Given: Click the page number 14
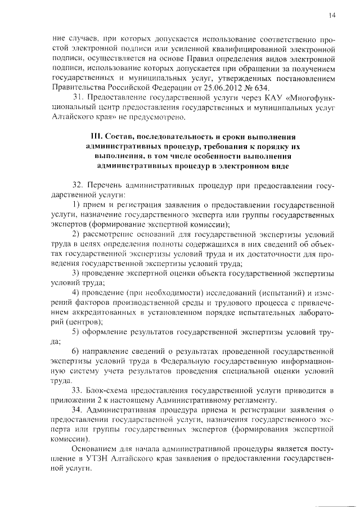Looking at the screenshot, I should (332, 16).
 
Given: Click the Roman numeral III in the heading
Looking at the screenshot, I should (96, 137).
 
